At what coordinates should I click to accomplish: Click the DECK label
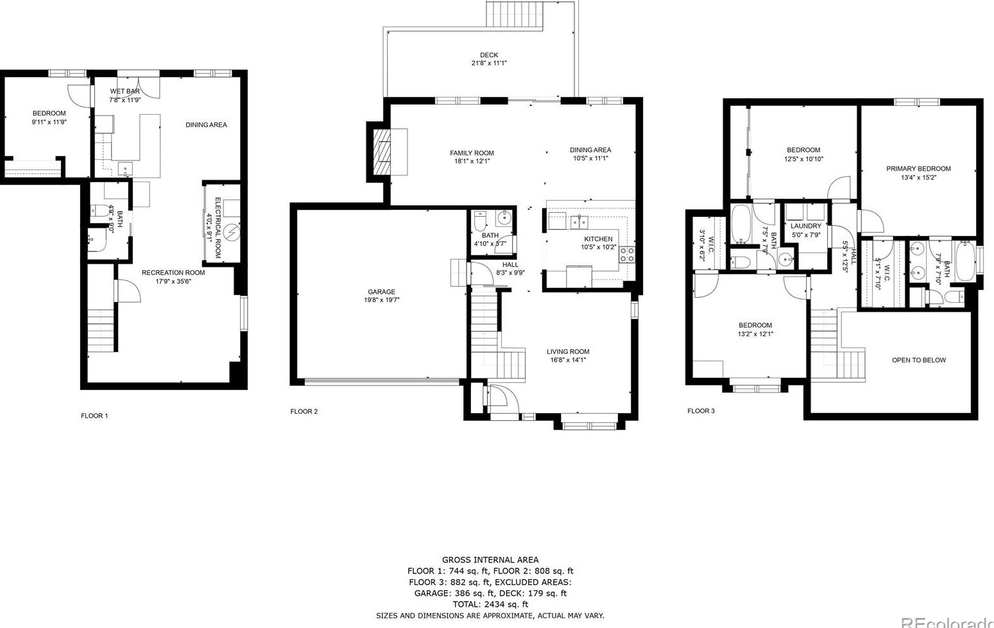(x=488, y=55)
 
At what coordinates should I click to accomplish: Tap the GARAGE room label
(x=381, y=292)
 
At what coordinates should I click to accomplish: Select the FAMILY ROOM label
(x=472, y=153)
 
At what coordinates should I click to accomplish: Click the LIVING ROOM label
(x=567, y=352)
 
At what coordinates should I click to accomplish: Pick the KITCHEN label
(x=597, y=239)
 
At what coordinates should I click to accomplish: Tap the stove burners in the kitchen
(x=627, y=254)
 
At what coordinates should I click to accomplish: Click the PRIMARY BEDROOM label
(x=918, y=169)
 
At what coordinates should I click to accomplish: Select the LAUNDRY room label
(x=805, y=226)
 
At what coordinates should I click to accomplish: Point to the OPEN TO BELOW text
(x=918, y=360)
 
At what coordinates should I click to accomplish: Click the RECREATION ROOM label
(x=173, y=273)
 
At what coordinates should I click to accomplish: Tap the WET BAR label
(x=124, y=91)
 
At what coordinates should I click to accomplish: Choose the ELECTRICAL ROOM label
(x=218, y=228)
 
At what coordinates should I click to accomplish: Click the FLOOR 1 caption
(x=94, y=416)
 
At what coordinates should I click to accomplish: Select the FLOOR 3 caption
(x=701, y=411)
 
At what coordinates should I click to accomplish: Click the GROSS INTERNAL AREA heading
(x=490, y=560)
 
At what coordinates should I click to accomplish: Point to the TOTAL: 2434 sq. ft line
(x=490, y=604)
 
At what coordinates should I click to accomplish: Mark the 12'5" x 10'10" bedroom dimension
(x=803, y=159)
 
